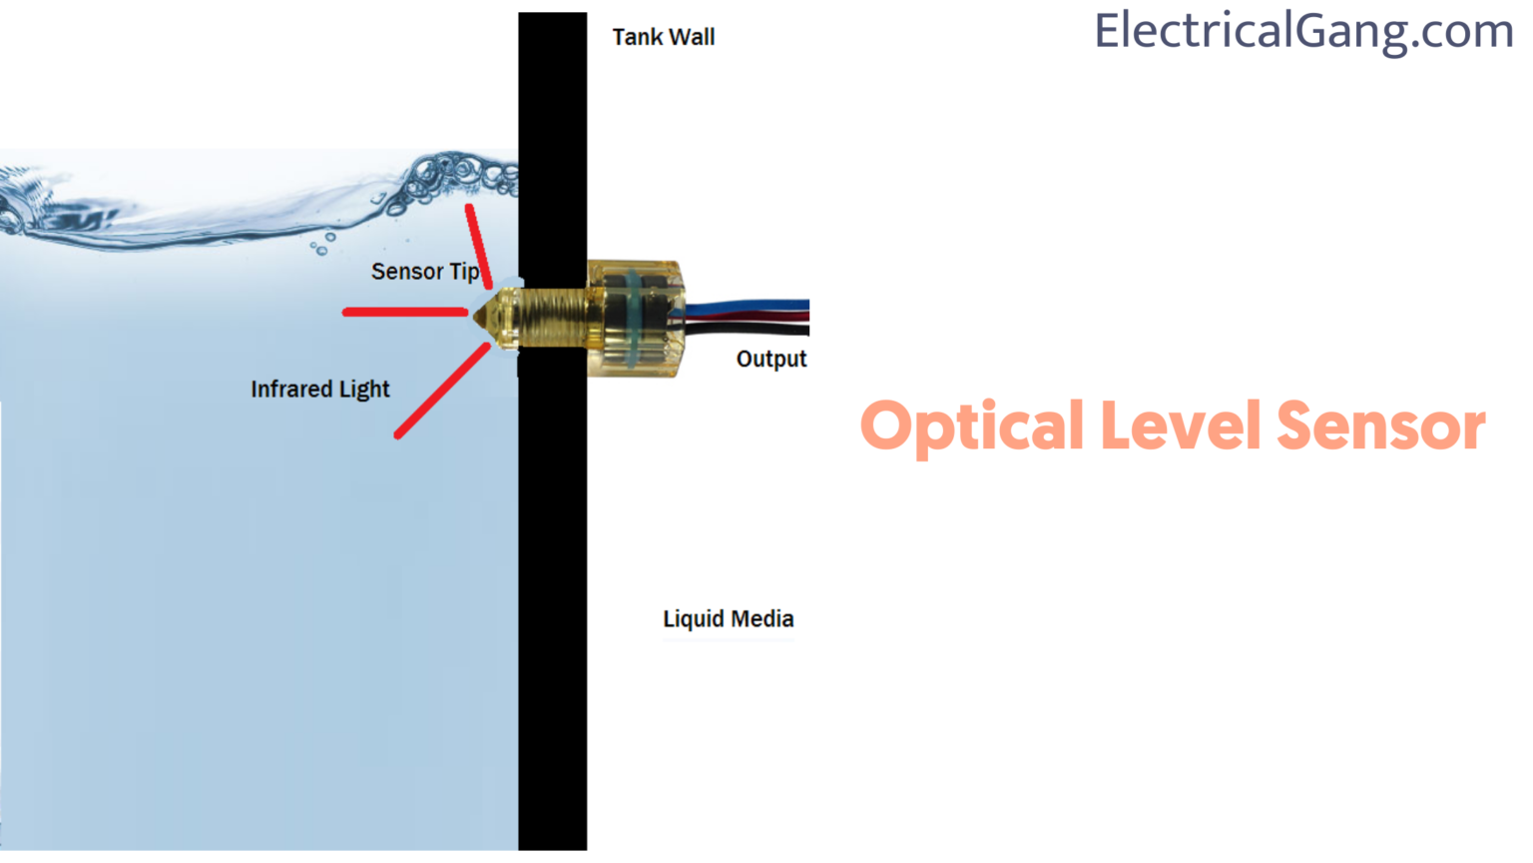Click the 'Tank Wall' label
(663, 37)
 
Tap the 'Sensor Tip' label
(425, 272)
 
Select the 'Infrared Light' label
(320, 389)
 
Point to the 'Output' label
(771, 359)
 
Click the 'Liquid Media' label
(729, 618)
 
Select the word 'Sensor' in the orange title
(1381, 427)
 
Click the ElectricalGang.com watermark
(1303, 32)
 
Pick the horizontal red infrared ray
(405, 313)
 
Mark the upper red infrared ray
(478, 246)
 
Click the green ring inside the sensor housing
(633, 320)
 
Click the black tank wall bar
(552, 431)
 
